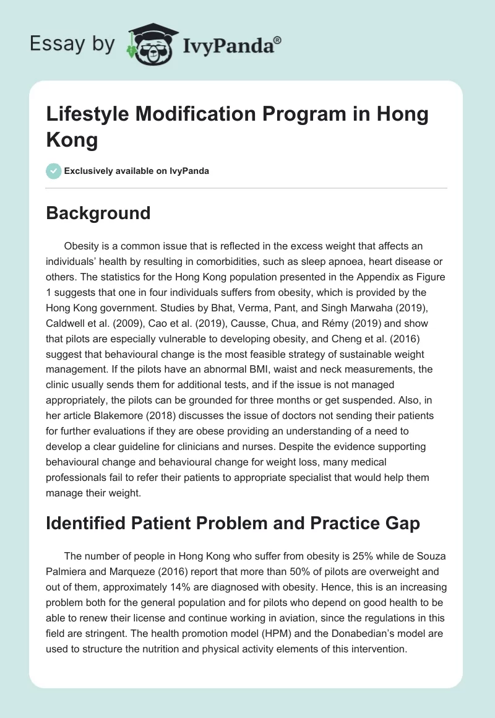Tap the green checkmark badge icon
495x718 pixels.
point(54,171)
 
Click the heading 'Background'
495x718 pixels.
point(98,213)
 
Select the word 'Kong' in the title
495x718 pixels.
point(72,140)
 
